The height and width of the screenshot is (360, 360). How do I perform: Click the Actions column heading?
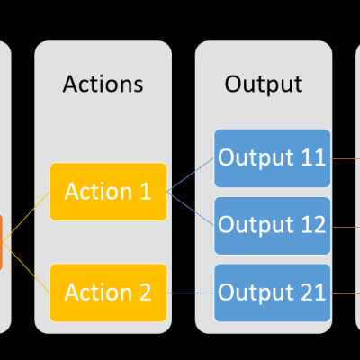103,85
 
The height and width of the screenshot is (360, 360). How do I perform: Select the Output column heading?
263,85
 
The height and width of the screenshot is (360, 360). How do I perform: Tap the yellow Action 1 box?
109,192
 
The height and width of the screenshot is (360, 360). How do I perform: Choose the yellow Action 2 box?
109,292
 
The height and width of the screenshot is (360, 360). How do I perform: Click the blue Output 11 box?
272,157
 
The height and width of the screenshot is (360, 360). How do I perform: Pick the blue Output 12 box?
272,225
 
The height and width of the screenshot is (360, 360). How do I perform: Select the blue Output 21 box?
272,292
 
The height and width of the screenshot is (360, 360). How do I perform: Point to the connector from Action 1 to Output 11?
191,175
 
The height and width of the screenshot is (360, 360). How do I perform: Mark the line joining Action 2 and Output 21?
191,292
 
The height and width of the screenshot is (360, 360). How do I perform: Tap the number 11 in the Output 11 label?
310,157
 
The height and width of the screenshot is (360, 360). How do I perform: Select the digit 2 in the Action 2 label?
146,292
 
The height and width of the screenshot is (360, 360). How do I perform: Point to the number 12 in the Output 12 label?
310,225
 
